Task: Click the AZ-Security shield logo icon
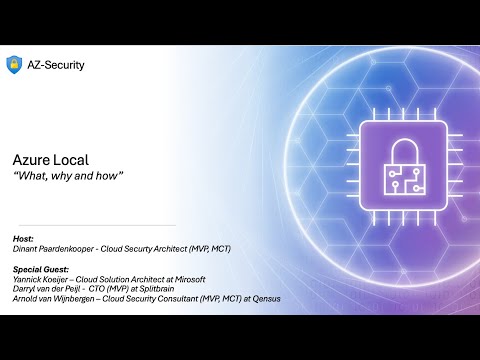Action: coord(15,65)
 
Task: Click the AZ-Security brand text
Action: coord(58,65)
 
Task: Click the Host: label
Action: coord(24,239)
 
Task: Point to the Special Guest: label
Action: coord(42,270)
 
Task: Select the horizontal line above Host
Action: coord(95,225)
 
